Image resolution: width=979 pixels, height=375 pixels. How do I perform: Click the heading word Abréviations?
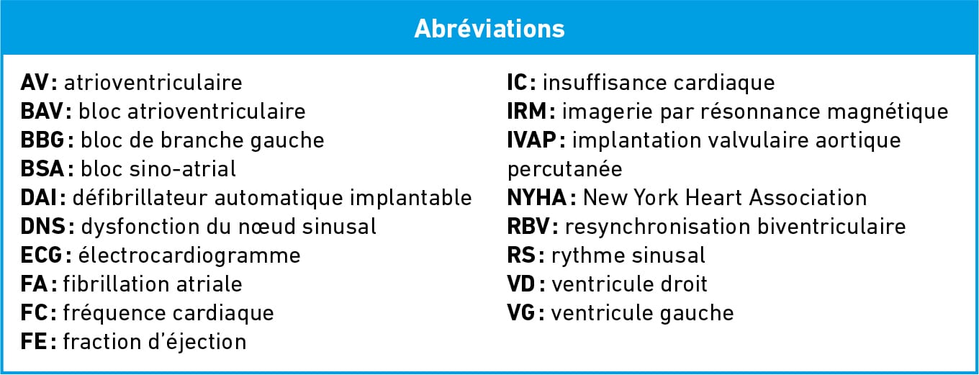[489, 29]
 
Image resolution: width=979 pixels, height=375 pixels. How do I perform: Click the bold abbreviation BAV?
[42, 112]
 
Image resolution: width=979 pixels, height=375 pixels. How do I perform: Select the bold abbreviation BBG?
[43, 140]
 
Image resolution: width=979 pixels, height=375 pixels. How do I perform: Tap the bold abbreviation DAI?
[39, 197]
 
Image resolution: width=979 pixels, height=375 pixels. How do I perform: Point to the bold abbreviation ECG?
[42, 256]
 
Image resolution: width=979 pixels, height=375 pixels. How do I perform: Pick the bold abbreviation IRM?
[527, 112]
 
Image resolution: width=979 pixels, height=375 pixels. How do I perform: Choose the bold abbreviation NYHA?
[537, 197]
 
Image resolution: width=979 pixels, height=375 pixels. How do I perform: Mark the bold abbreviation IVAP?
[531, 140]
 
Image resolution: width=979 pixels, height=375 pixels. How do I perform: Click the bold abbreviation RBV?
[528, 227]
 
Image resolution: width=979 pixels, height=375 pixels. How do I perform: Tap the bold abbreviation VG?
[521, 313]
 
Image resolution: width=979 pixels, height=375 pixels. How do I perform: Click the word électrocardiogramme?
[189, 256]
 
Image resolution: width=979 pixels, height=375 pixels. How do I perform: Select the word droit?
[682, 284]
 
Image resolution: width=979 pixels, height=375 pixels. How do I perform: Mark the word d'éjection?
[197, 342]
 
